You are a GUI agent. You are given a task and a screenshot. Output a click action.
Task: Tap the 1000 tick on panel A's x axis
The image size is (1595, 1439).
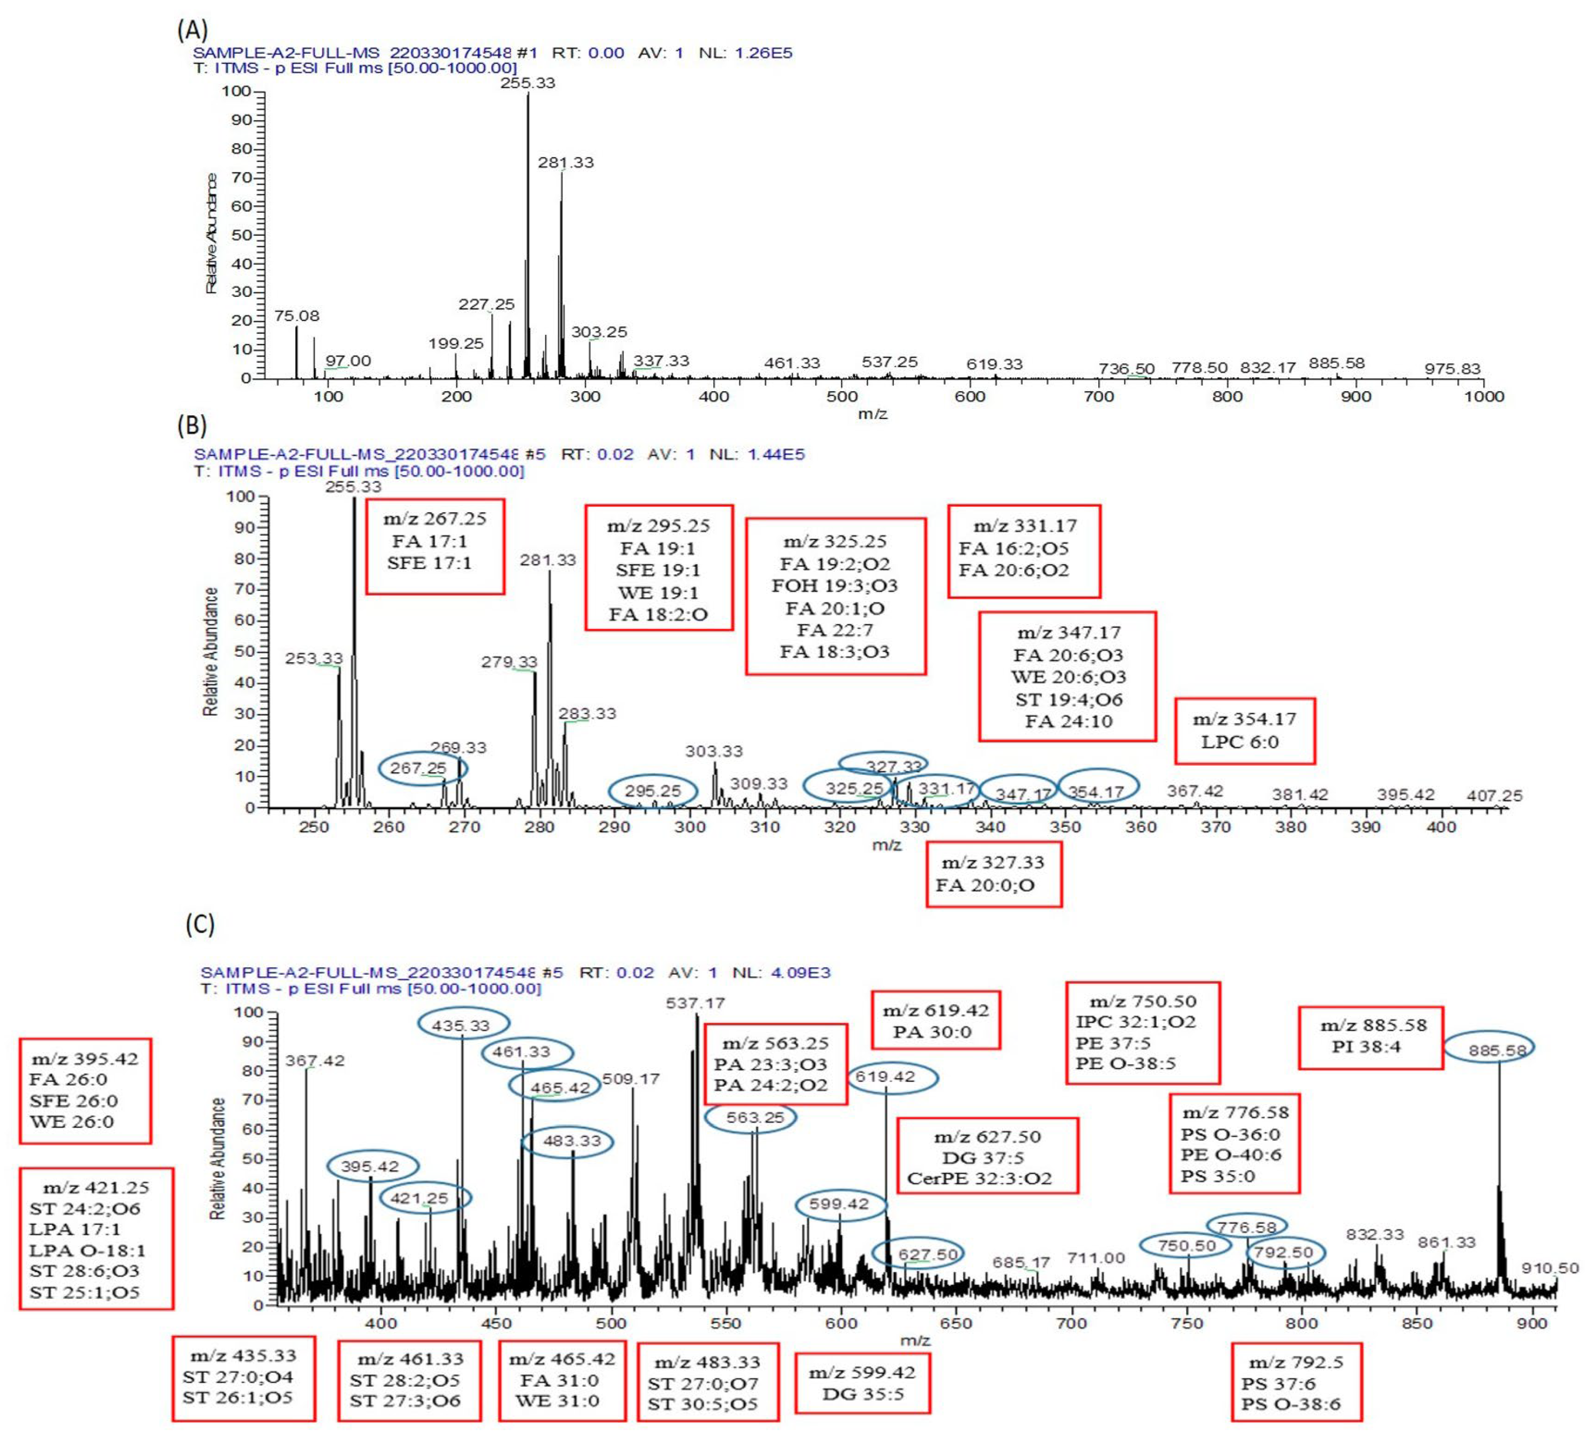tap(1484, 396)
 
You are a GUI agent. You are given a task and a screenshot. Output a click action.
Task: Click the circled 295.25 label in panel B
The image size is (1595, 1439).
tap(652, 791)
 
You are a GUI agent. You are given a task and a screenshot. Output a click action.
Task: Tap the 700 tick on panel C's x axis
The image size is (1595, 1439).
tap(1071, 1323)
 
